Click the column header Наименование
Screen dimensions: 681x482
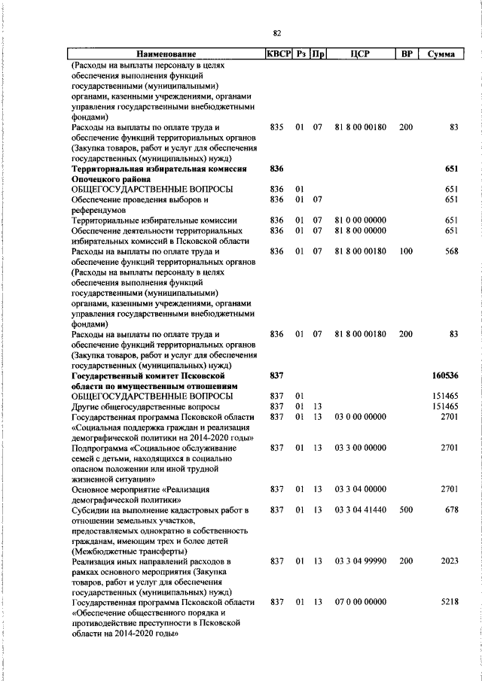click(166, 54)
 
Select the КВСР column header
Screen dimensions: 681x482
click(278, 54)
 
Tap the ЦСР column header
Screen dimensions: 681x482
click(360, 54)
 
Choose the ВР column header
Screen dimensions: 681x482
click(406, 54)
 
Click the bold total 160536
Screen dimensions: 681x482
click(445, 375)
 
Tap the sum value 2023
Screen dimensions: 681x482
click(450, 561)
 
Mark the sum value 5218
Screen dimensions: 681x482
click(450, 602)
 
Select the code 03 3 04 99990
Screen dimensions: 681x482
click(360, 561)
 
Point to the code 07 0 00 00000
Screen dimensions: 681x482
click(360, 602)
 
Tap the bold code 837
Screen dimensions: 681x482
click(276, 375)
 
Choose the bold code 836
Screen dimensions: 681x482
click(276, 169)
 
